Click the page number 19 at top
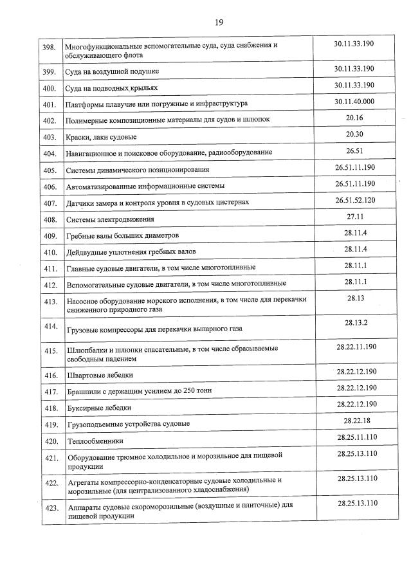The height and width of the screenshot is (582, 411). pyautogui.click(x=219, y=22)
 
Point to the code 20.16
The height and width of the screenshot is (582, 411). pyautogui.click(x=354, y=118)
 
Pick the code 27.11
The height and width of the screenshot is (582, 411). pyautogui.click(x=354, y=217)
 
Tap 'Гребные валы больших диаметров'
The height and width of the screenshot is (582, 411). pyautogui.click(x=123, y=235)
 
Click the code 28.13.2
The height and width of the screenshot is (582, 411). pyautogui.click(x=356, y=322)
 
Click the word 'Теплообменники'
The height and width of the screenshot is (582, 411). pyautogui.click(x=95, y=441)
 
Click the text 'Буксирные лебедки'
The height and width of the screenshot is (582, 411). pyautogui.click(x=99, y=408)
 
